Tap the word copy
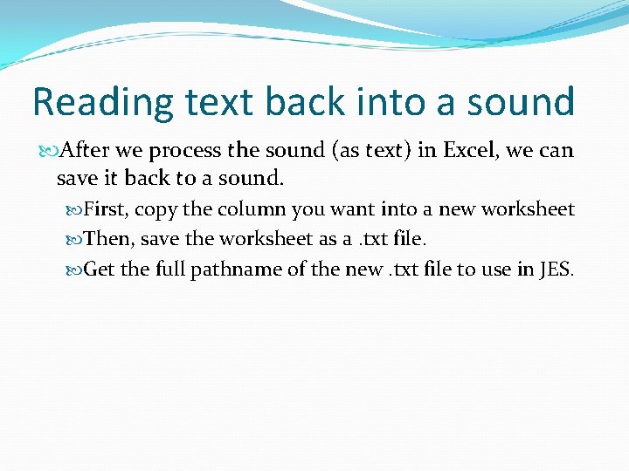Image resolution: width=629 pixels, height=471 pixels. [x=156, y=210]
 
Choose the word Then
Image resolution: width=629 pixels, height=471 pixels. [x=106, y=239]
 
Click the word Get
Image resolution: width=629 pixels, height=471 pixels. [x=99, y=269]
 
